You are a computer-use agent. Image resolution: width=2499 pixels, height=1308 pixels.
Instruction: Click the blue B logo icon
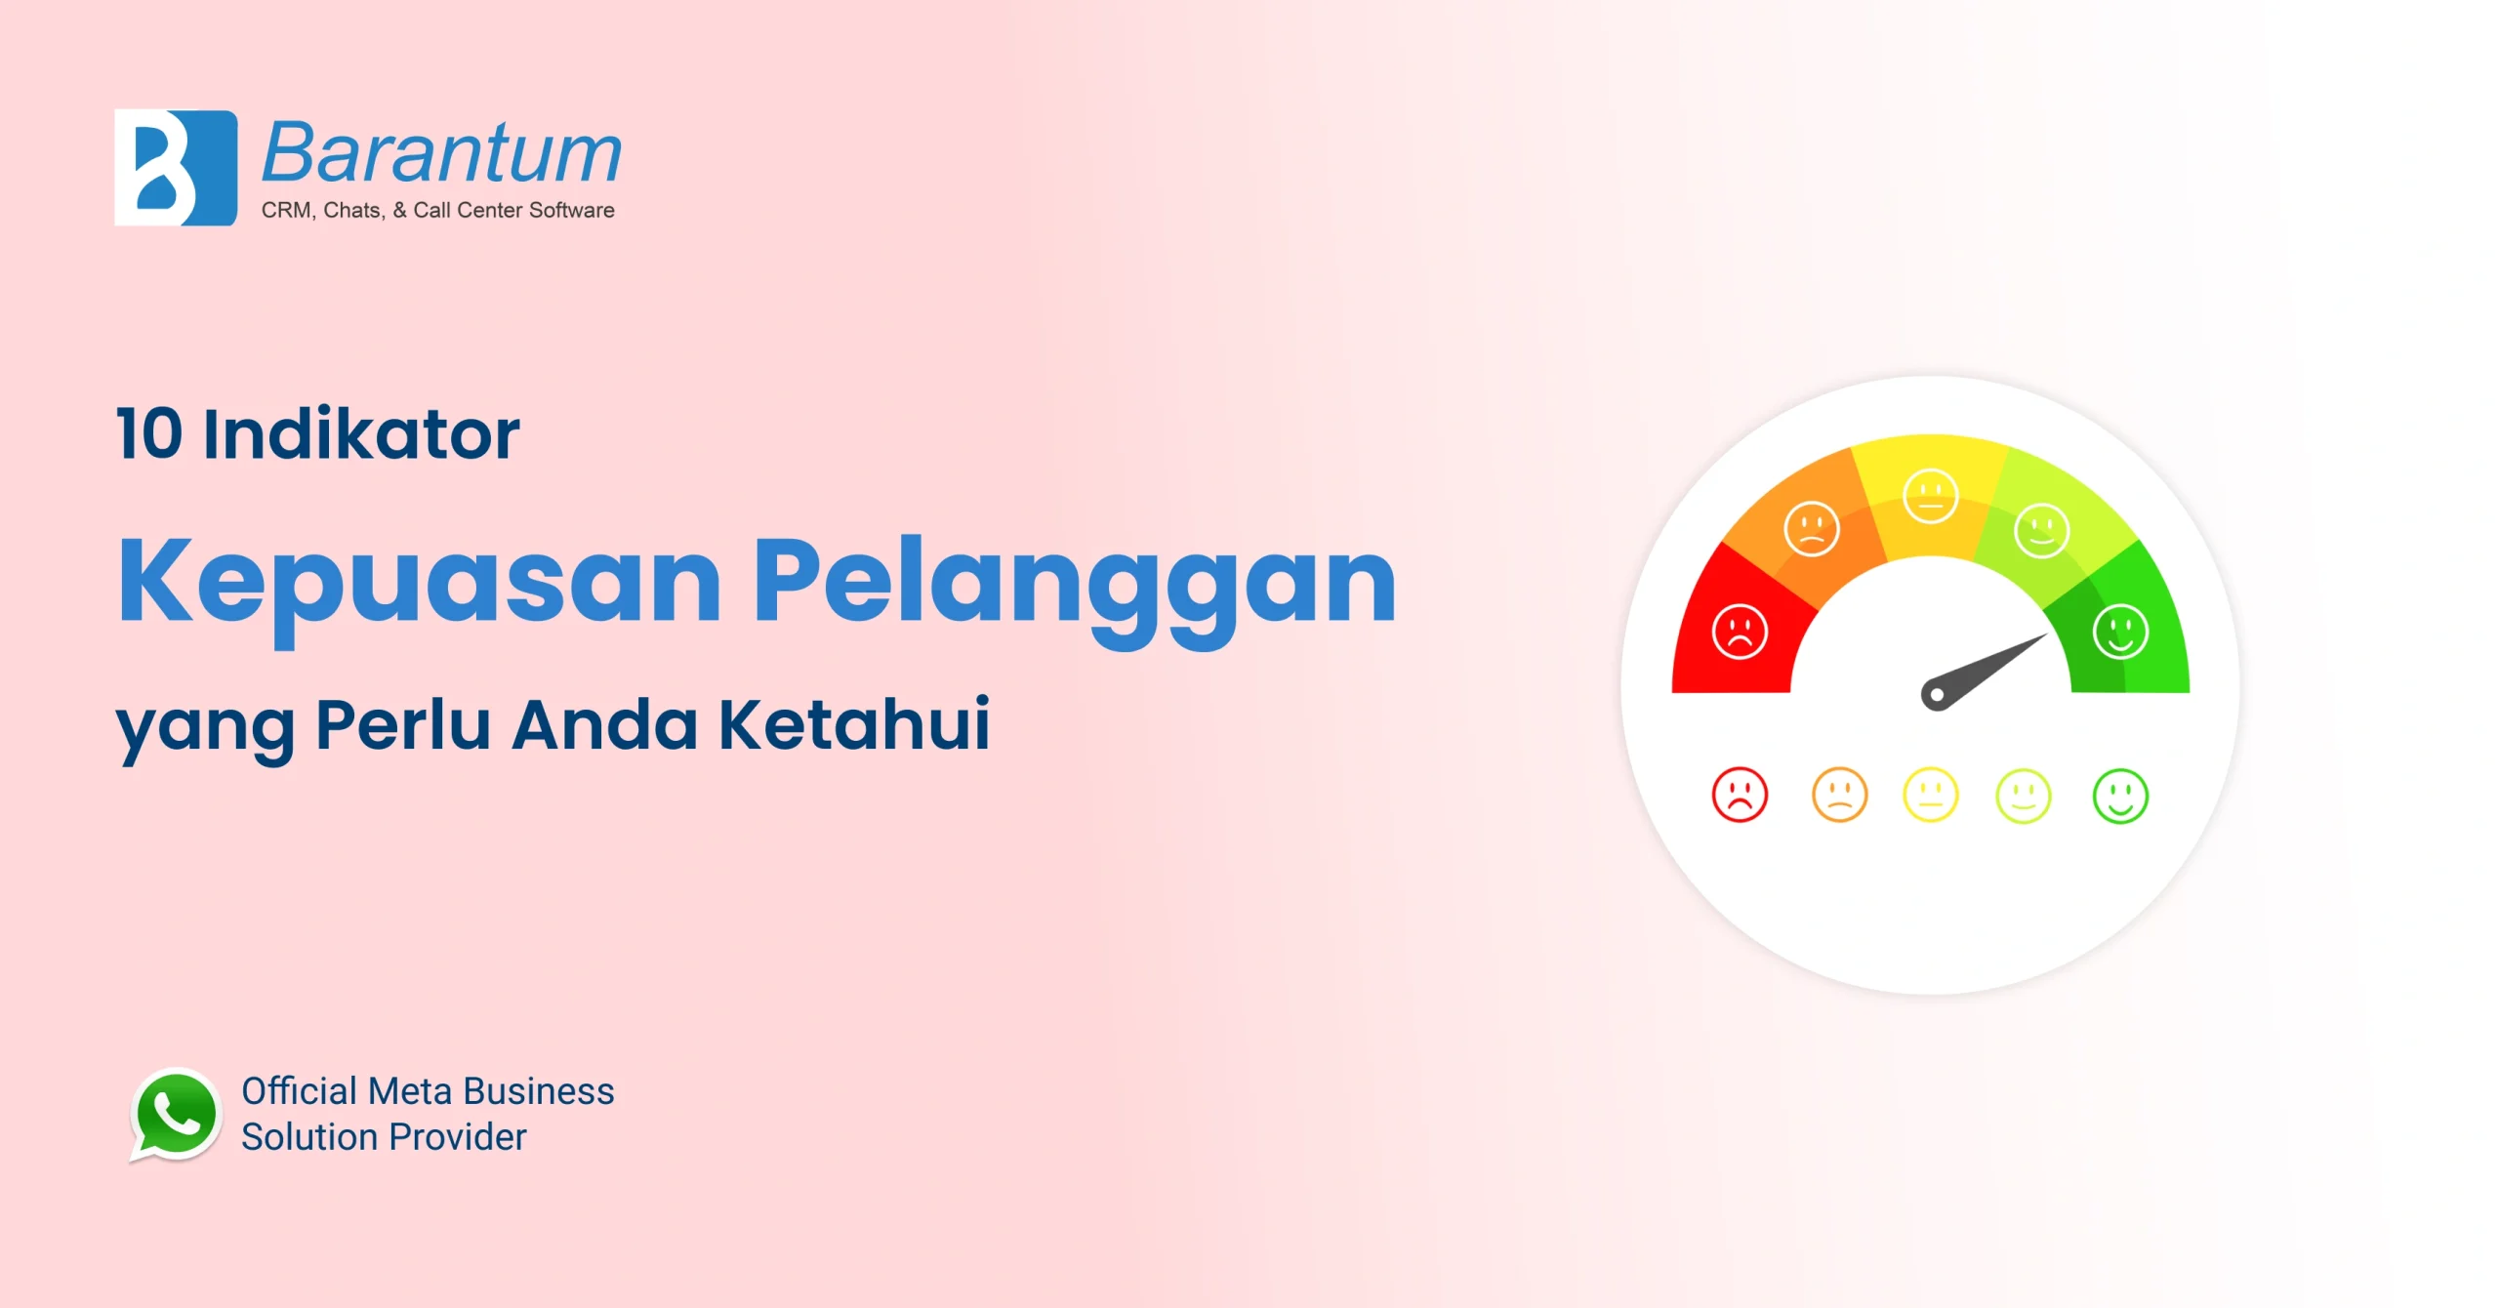coord(176,168)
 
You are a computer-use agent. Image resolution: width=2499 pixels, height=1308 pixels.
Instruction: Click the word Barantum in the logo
coord(441,154)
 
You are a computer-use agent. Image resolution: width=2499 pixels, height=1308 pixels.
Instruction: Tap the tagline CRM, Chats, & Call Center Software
coord(437,210)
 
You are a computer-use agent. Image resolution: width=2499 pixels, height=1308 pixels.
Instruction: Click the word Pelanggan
coord(1074,583)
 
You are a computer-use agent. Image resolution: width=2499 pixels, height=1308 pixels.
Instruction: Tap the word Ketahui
coord(854,724)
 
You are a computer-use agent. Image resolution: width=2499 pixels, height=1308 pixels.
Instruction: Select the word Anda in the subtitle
coord(605,724)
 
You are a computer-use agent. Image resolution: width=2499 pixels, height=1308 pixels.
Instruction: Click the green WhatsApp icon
coord(176,1115)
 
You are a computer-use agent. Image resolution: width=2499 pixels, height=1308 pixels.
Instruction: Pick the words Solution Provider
coord(384,1137)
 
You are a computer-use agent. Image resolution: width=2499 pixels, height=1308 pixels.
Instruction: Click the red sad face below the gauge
coord(1740,795)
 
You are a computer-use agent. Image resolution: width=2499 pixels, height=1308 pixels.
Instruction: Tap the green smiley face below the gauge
coord(2120,796)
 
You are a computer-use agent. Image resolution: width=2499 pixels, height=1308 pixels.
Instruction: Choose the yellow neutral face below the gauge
coord(1931,795)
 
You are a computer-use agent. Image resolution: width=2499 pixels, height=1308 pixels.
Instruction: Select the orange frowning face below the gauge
coord(1840,795)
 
